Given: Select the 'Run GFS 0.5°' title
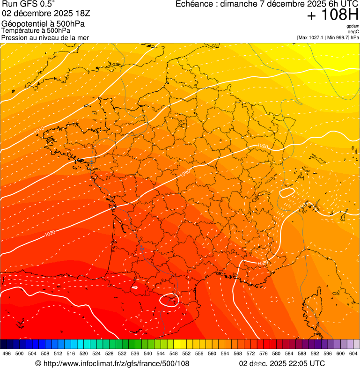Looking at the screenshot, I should click(x=29, y=5).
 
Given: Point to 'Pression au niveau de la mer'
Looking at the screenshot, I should click(x=45, y=37).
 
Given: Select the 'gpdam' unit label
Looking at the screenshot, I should click(x=353, y=26).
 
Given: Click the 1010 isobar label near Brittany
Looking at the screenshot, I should click(x=39, y=129).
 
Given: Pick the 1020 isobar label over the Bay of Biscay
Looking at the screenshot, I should click(x=50, y=233).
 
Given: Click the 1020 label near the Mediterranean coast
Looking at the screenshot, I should click(x=262, y=264).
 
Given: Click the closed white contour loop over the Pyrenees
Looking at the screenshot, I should click(x=169, y=300).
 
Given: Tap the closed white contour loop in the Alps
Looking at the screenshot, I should click(x=286, y=191).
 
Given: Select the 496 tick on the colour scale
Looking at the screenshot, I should click(x=7, y=354).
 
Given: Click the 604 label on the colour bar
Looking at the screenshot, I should click(x=353, y=354).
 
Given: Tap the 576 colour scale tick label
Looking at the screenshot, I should click(x=264, y=354).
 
